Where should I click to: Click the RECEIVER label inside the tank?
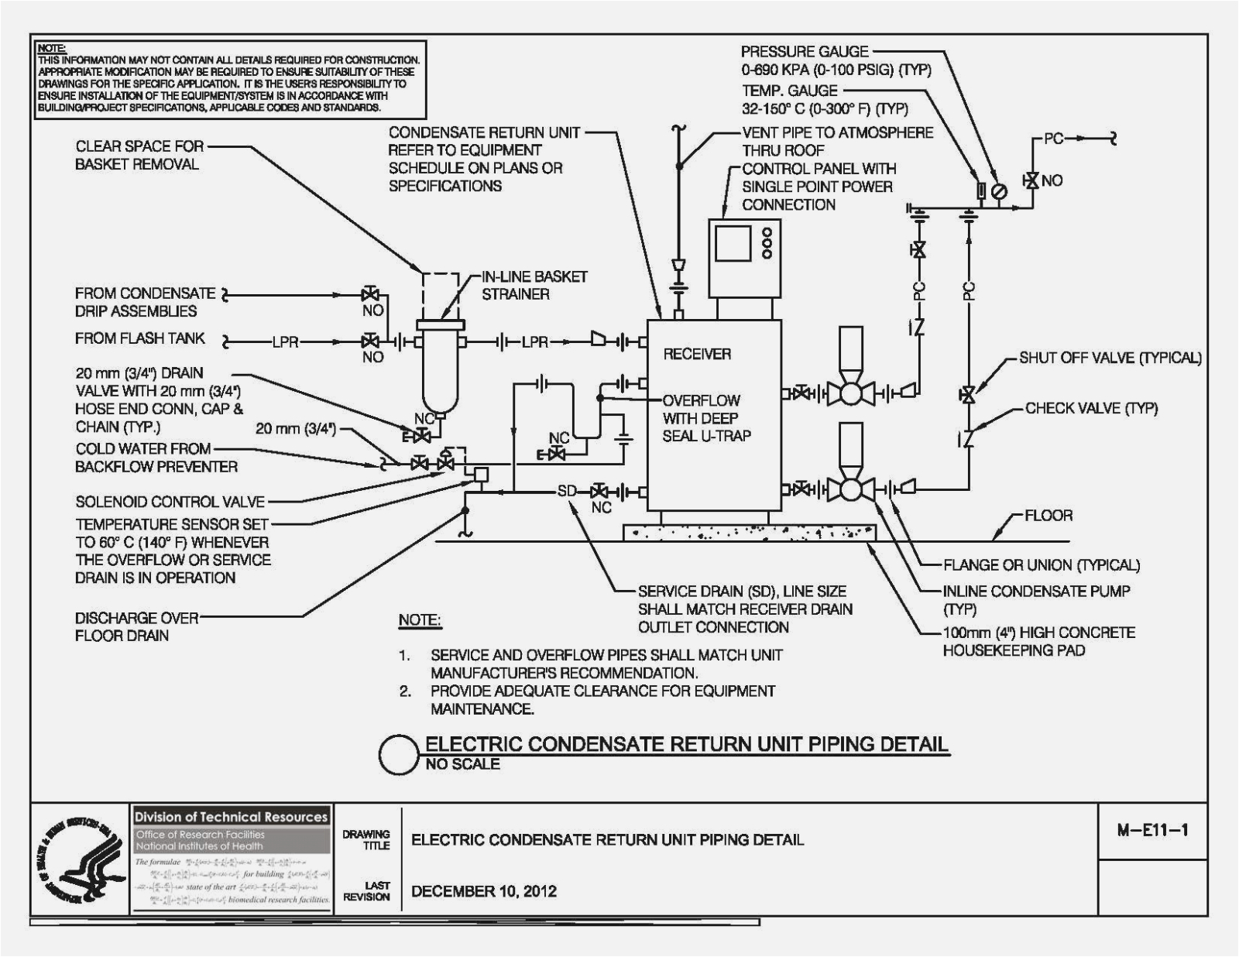[696, 354]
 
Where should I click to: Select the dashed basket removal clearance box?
[441, 294]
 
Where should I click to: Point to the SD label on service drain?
[567, 491]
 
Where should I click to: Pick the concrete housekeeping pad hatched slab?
[749, 532]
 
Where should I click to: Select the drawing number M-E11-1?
[1152, 831]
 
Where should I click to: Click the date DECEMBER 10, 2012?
[484, 891]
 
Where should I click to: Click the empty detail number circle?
[400, 754]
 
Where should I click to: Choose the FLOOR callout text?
[1049, 516]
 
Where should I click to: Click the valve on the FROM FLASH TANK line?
[371, 341]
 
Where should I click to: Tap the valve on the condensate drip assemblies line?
[371, 294]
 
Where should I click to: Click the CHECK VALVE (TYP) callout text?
[1091, 408]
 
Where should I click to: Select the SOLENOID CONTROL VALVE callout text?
[170, 502]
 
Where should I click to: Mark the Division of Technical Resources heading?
[231, 817]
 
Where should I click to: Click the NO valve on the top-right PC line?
[1031, 181]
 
